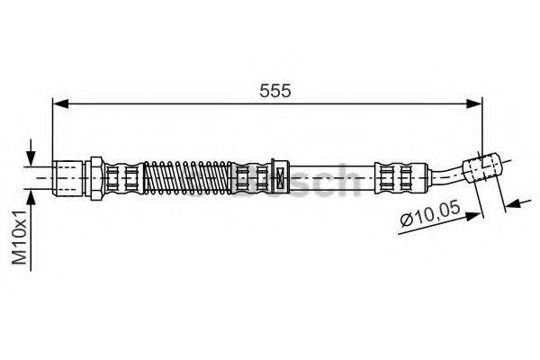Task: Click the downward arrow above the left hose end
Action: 32,153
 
